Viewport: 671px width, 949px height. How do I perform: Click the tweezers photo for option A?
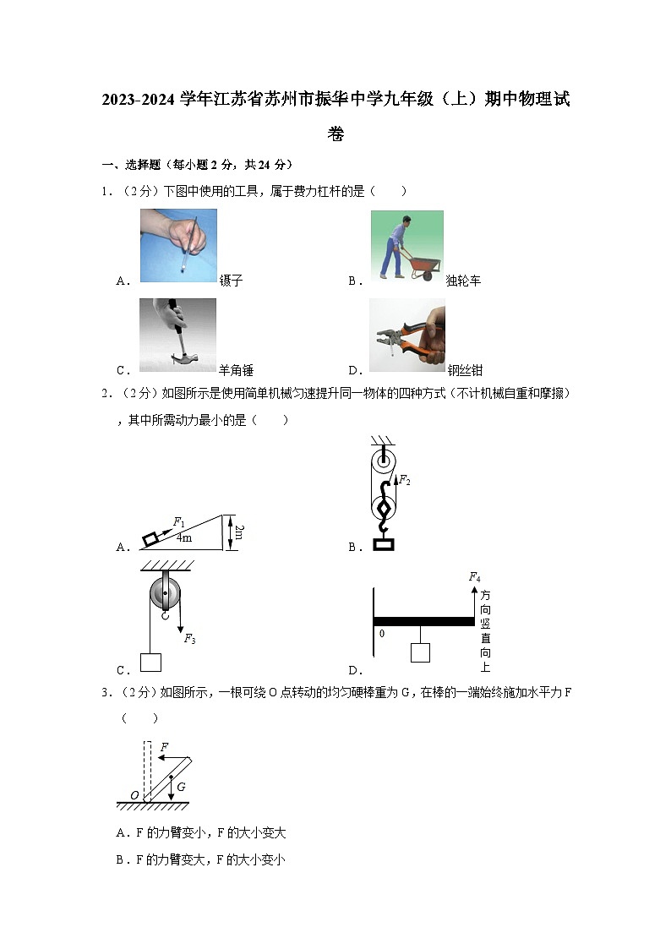point(178,245)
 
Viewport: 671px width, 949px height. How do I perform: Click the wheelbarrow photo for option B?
point(406,245)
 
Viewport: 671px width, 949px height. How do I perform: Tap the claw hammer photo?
point(177,335)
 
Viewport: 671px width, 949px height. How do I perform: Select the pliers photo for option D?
point(406,335)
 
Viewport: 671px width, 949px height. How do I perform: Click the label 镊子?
point(231,281)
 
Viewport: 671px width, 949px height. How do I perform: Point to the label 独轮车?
point(463,281)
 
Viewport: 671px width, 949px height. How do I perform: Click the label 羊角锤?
point(236,369)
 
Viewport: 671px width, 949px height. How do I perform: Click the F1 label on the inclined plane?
point(179,522)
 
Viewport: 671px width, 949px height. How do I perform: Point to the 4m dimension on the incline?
point(183,537)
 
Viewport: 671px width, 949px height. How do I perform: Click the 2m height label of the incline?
point(239,532)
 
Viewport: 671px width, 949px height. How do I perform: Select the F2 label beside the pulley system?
point(405,480)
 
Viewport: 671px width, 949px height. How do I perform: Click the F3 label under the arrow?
point(189,639)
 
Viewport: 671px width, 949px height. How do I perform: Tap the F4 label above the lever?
point(474,577)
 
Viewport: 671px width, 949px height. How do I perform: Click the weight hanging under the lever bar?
point(419,652)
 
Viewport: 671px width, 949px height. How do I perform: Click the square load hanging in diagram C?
point(150,662)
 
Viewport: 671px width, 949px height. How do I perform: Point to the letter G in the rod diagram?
point(181,786)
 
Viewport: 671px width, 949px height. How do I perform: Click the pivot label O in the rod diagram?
point(134,795)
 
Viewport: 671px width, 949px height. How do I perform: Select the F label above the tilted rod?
point(164,747)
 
